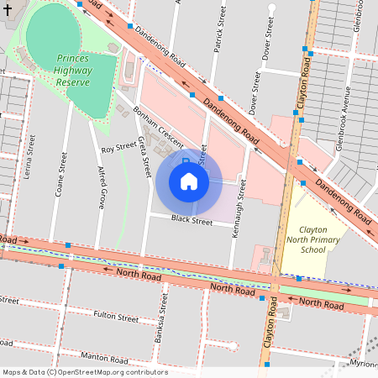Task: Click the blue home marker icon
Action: point(189,181)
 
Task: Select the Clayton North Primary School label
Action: point(313,239)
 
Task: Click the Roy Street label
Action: point(118,148)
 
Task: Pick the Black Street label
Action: point(192,221)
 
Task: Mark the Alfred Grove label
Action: point(101,186)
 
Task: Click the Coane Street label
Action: point(60,174)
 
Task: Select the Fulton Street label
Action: point(116,318)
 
